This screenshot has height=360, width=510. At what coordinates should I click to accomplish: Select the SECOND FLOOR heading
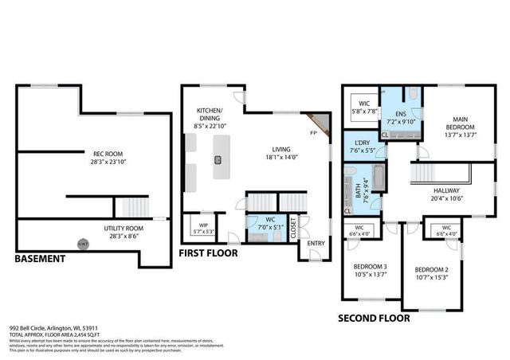[374, 317]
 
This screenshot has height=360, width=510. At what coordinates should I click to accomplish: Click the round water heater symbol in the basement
[82, 244]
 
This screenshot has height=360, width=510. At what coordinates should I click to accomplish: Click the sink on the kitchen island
[217, 159]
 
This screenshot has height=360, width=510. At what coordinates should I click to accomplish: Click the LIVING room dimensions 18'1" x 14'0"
[280, 158]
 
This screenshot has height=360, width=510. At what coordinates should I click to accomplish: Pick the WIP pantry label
[202, 225]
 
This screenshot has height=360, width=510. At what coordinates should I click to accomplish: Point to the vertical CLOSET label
[293, 229]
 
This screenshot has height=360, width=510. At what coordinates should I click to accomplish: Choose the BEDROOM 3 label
[371, 266]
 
